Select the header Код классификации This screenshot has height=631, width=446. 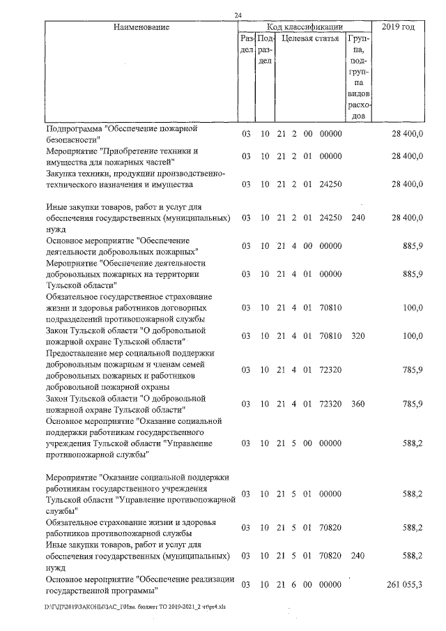pyautogui.click(x=305, y=27)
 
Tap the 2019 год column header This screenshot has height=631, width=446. pyautogui.click(x=399, y=27)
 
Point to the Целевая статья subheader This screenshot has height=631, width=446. pyautogui.click(x=310, y=38)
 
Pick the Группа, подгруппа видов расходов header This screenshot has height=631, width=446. pyautogui.click(x=358, y=77)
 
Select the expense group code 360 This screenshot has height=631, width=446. pyautogui.click(x=358, y=404)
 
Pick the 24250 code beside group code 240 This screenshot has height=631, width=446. pyautogui.click(x=330, y=218)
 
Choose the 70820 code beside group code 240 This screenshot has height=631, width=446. pyautogui.click(x=330, y=556)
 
